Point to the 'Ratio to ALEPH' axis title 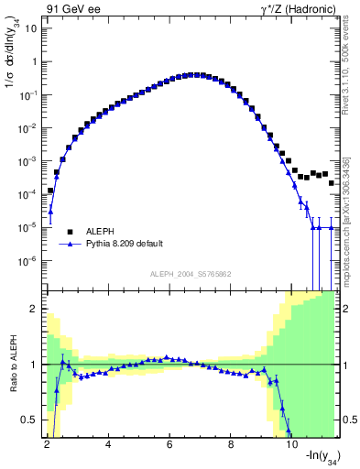point(11,365)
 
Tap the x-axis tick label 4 point(109,444)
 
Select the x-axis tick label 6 point(170,444)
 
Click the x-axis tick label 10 point(292,444)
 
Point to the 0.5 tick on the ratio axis point(30,420)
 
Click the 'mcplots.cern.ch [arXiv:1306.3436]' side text point(352,211)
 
